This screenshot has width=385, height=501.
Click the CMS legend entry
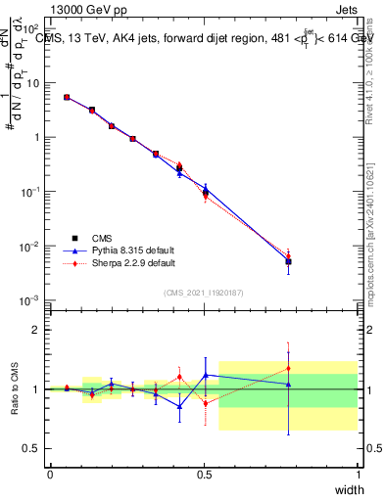pos(103,238)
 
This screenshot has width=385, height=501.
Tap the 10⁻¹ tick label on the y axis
pos(33,192)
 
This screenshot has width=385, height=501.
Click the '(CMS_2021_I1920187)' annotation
pos(204,292)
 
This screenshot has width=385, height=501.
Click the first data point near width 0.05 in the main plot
pos(66,97)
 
